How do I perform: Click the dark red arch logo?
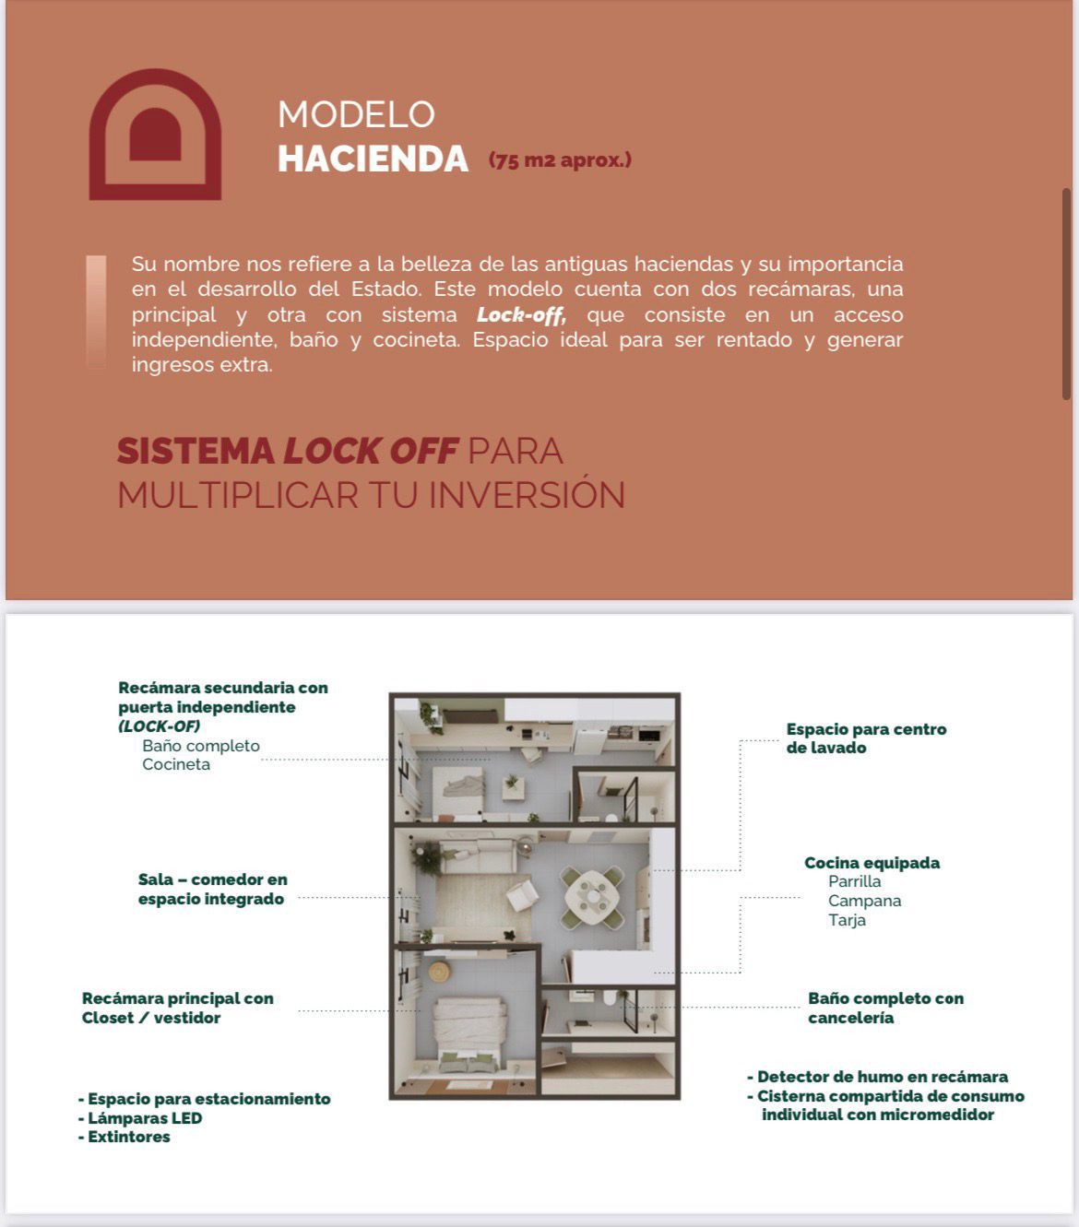155,135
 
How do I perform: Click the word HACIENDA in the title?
373,159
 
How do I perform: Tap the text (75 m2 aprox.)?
560,160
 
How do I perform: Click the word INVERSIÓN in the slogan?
527,495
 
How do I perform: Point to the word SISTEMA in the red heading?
196,451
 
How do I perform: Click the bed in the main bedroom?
470,1032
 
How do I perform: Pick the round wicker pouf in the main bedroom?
439,971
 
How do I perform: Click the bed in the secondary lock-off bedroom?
458,788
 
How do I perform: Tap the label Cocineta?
176,764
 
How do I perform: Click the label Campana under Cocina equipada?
864,901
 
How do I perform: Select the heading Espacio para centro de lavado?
866,738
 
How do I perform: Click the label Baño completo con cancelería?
885,1008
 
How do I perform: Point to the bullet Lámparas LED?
144,1118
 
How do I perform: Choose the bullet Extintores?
128,1137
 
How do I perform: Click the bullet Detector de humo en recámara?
882,1077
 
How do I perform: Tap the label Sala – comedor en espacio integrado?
212,890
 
